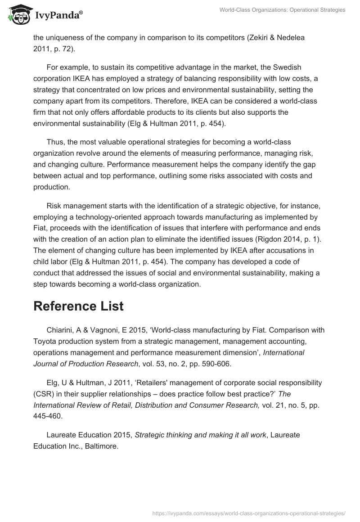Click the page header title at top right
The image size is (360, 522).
[282, 10]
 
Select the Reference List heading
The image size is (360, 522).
[78, 306]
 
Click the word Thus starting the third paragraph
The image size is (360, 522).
[55, 142]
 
